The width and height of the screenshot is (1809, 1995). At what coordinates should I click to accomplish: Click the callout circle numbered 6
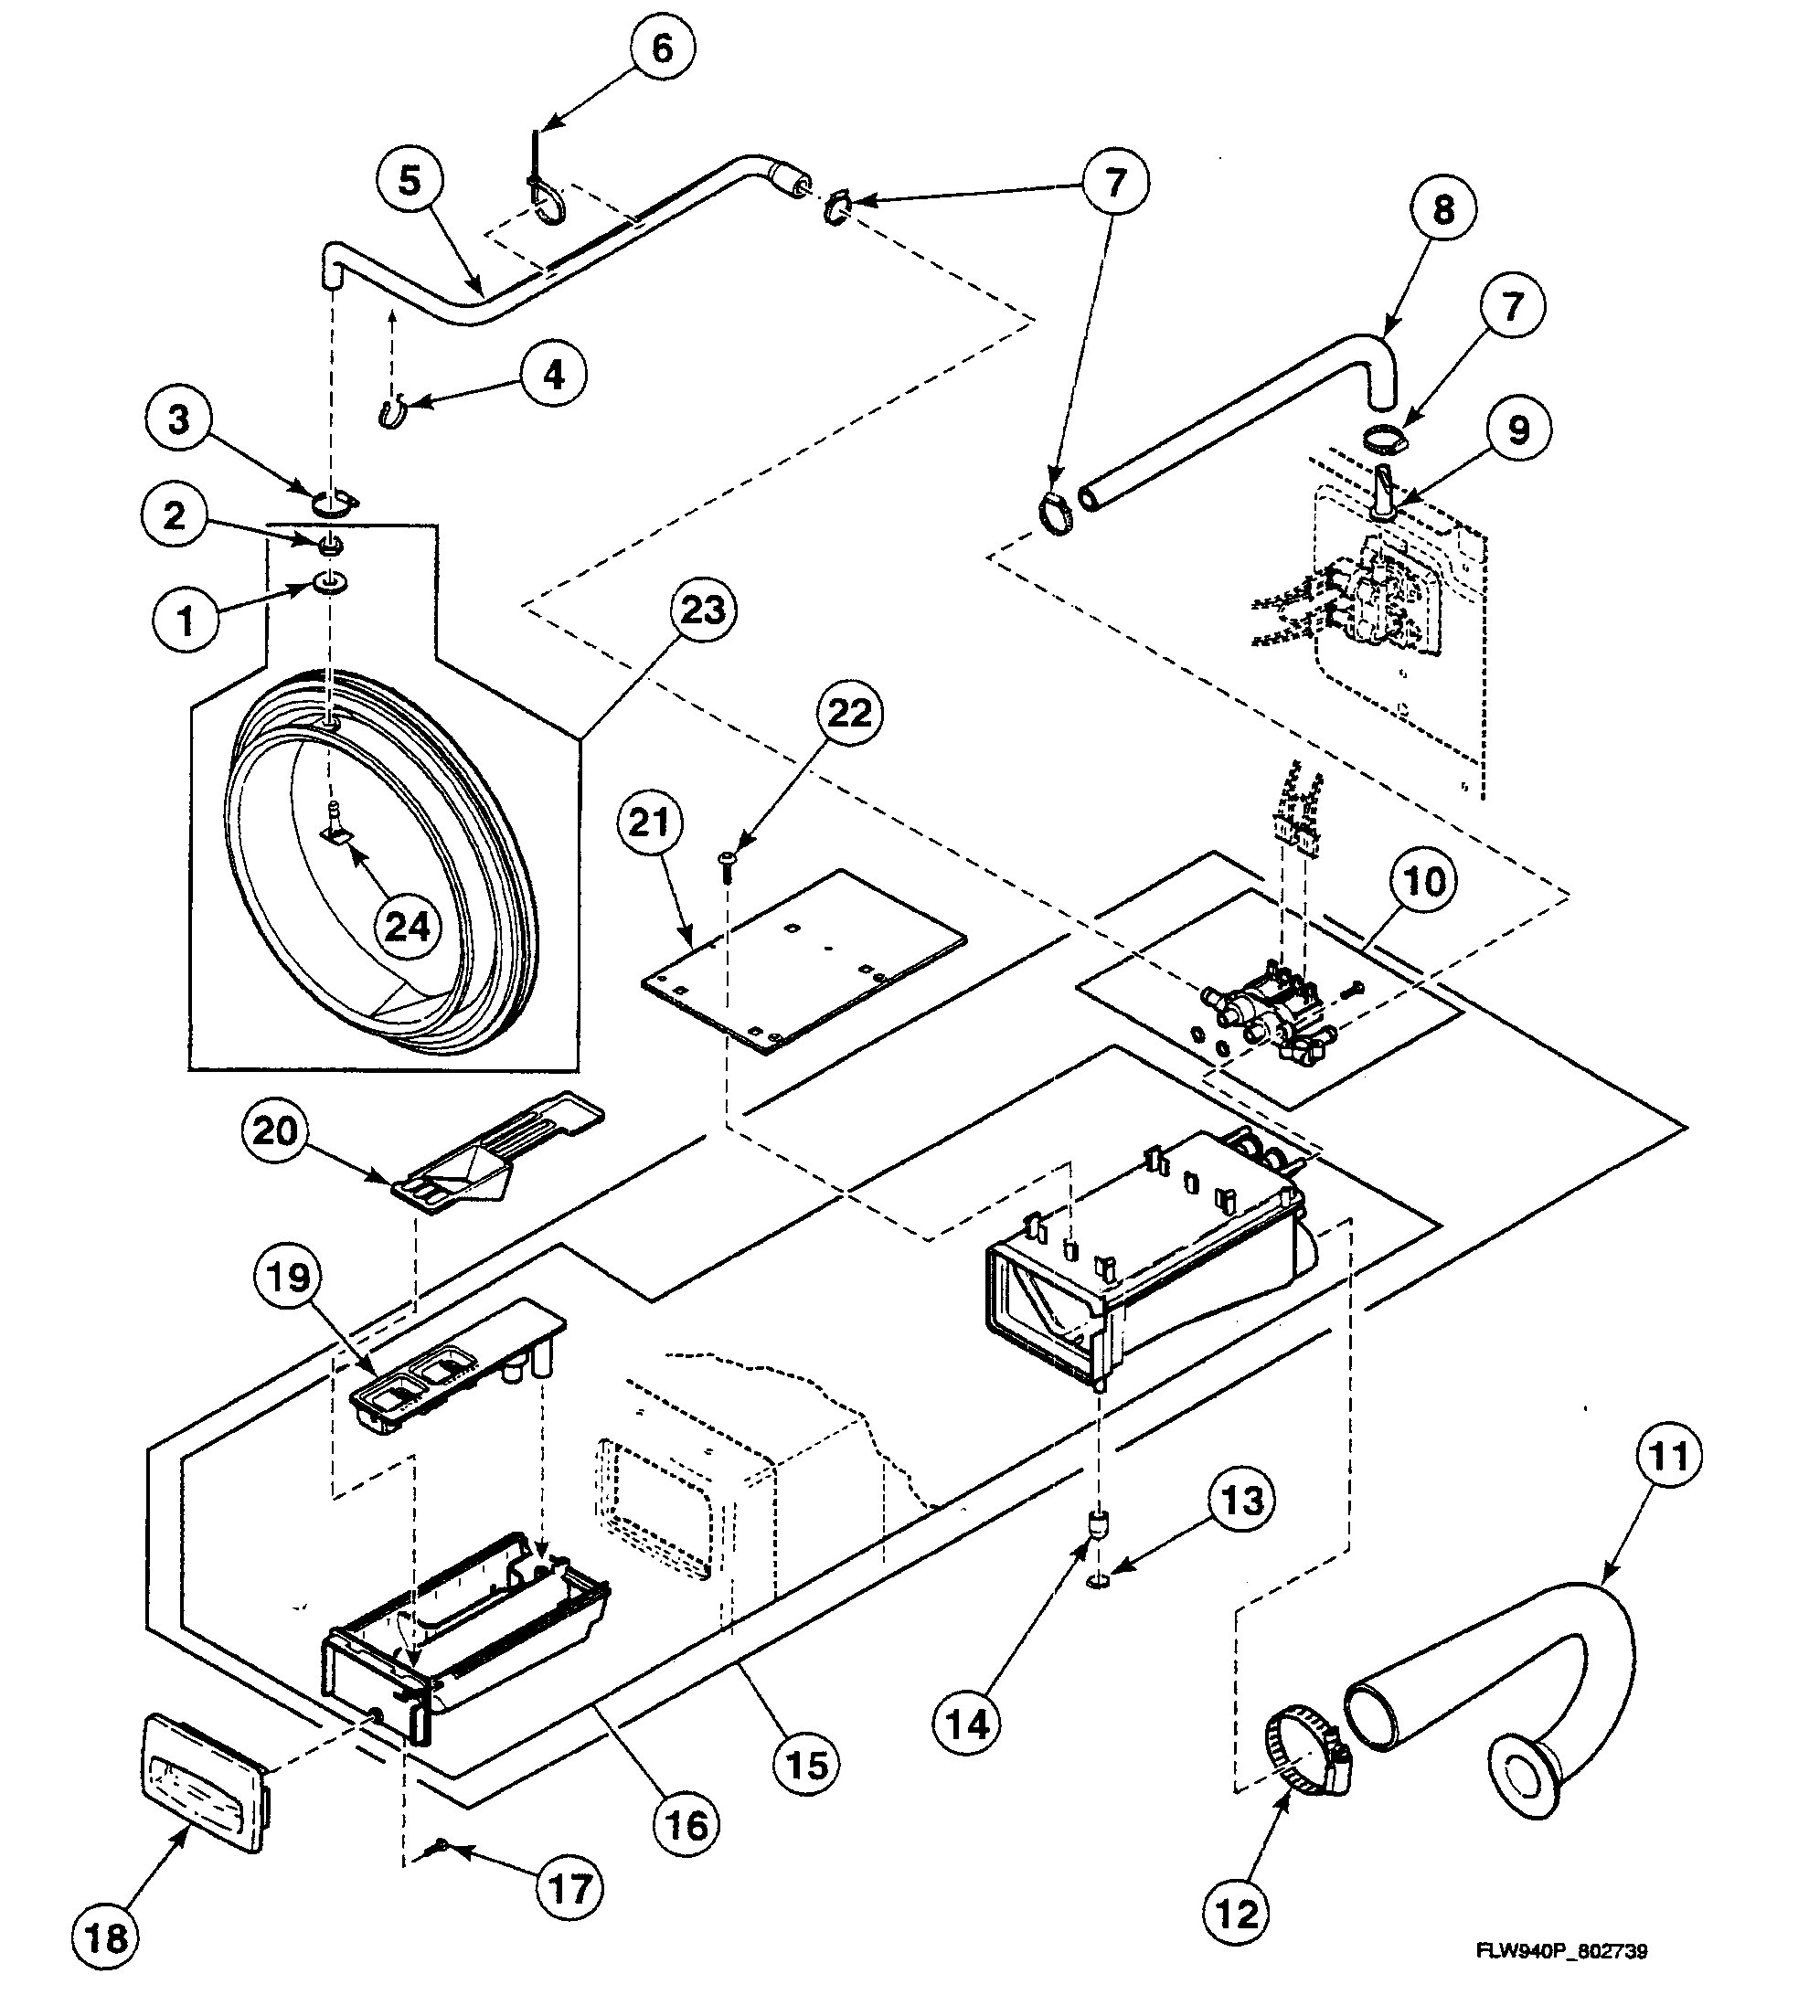pyautogui.click(x=661, y=48)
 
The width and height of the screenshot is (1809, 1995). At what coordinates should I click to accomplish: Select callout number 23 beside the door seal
pyautogui.click(x=702, y=610)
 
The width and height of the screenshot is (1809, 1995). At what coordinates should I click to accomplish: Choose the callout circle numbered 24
pyautogui.click(x=408, y=928)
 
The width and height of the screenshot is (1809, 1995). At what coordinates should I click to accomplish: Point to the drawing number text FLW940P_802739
pyautogui.click(x=1561, y=1951)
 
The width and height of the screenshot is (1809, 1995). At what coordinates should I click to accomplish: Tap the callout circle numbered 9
pyautogui.click(x=1516, y=430)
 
